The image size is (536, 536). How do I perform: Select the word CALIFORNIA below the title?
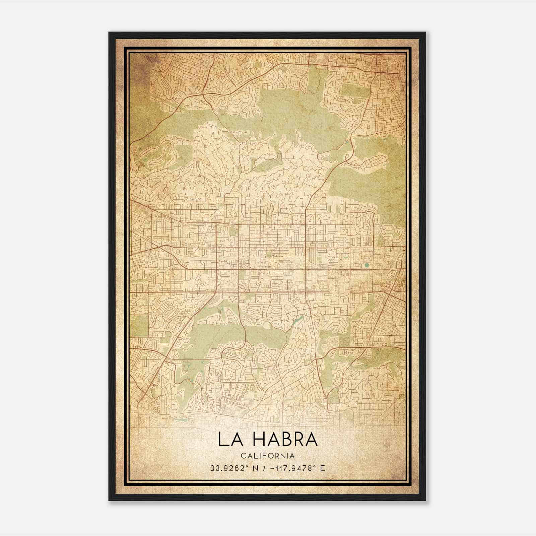coord(267,456)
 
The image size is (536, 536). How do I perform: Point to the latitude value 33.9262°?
coord(226,468)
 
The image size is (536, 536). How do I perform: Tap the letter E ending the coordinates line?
coord(323,468)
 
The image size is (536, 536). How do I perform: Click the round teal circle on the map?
coord(366,265)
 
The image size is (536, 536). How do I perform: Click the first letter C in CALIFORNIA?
coord(243,456)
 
